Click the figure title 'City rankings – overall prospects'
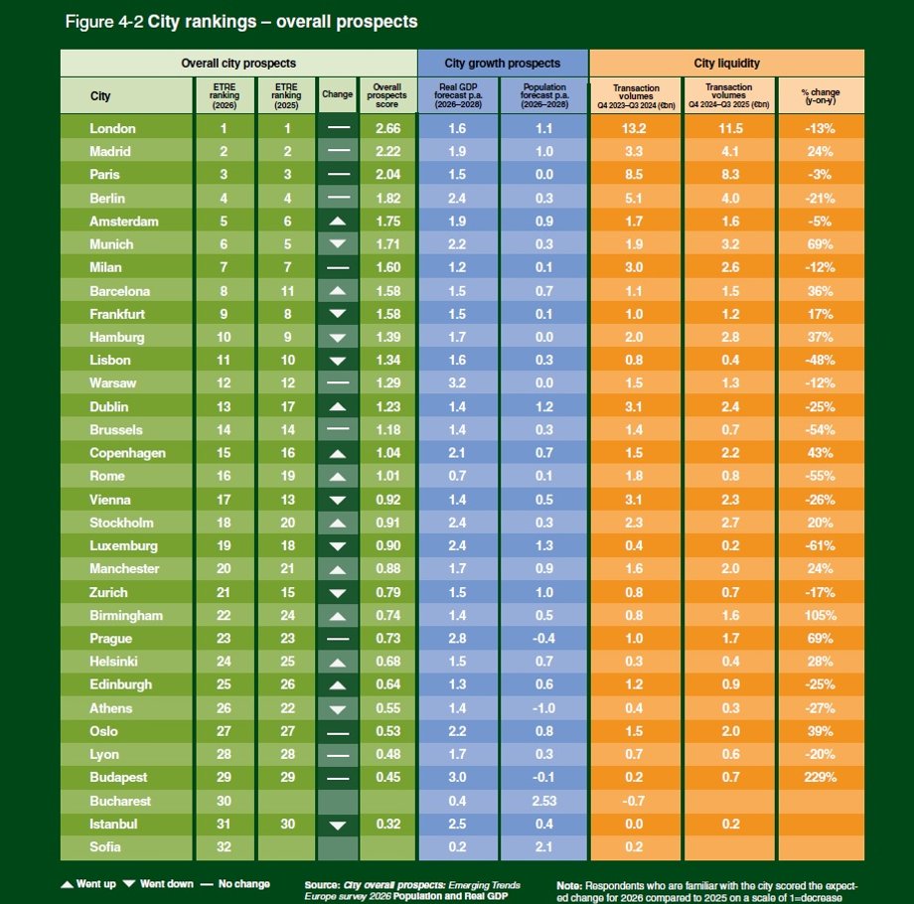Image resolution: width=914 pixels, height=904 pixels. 282,21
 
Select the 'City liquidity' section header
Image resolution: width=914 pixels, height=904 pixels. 726,63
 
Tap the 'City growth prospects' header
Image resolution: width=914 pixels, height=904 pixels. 503,63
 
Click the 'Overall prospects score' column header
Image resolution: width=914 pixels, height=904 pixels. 386,95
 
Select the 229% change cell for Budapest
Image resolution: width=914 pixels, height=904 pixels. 821,777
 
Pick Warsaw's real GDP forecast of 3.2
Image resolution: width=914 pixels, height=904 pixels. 457,383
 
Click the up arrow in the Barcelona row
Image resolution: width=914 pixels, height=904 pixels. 338,291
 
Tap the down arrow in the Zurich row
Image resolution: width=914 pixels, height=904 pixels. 338,592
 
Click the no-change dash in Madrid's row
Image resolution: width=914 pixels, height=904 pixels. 338,151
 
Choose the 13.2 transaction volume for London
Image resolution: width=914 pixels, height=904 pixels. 635,128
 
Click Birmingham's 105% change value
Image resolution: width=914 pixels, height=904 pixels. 821,615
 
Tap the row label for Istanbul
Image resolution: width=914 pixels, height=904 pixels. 112,824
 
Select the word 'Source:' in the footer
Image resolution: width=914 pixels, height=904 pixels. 323,883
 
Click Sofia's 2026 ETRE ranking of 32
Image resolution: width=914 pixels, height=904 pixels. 224,846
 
